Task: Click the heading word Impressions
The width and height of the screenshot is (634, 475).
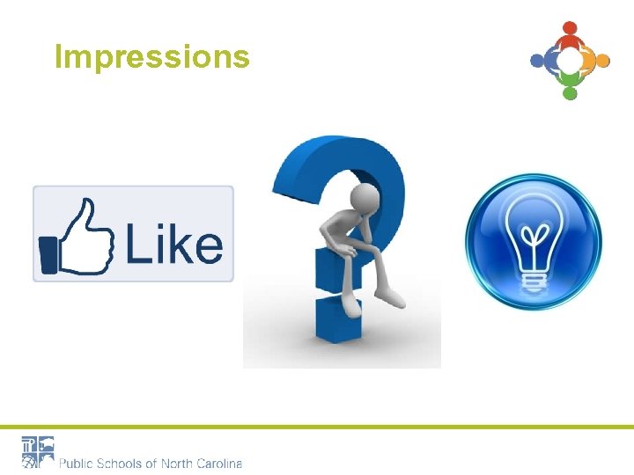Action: click(x=151, y=56)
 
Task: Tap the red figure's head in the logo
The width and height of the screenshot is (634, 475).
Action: click(x=570, y=28)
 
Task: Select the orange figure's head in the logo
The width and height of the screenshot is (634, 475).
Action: click(x=603, y=61)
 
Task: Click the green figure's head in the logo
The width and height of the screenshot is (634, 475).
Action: click(x=570, y=93)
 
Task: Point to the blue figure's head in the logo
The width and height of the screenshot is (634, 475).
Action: click(x=537, y=61)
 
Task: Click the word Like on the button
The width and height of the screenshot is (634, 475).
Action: click(x=173, y=244)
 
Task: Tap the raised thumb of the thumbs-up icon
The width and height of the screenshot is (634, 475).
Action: click(x=85, y=214)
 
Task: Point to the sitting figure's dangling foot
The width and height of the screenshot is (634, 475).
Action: click(x=350, y=306)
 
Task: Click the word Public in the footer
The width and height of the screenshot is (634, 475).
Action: click(x=77, y=463)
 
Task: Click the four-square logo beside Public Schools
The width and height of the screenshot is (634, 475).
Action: click(x=38, y=450)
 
